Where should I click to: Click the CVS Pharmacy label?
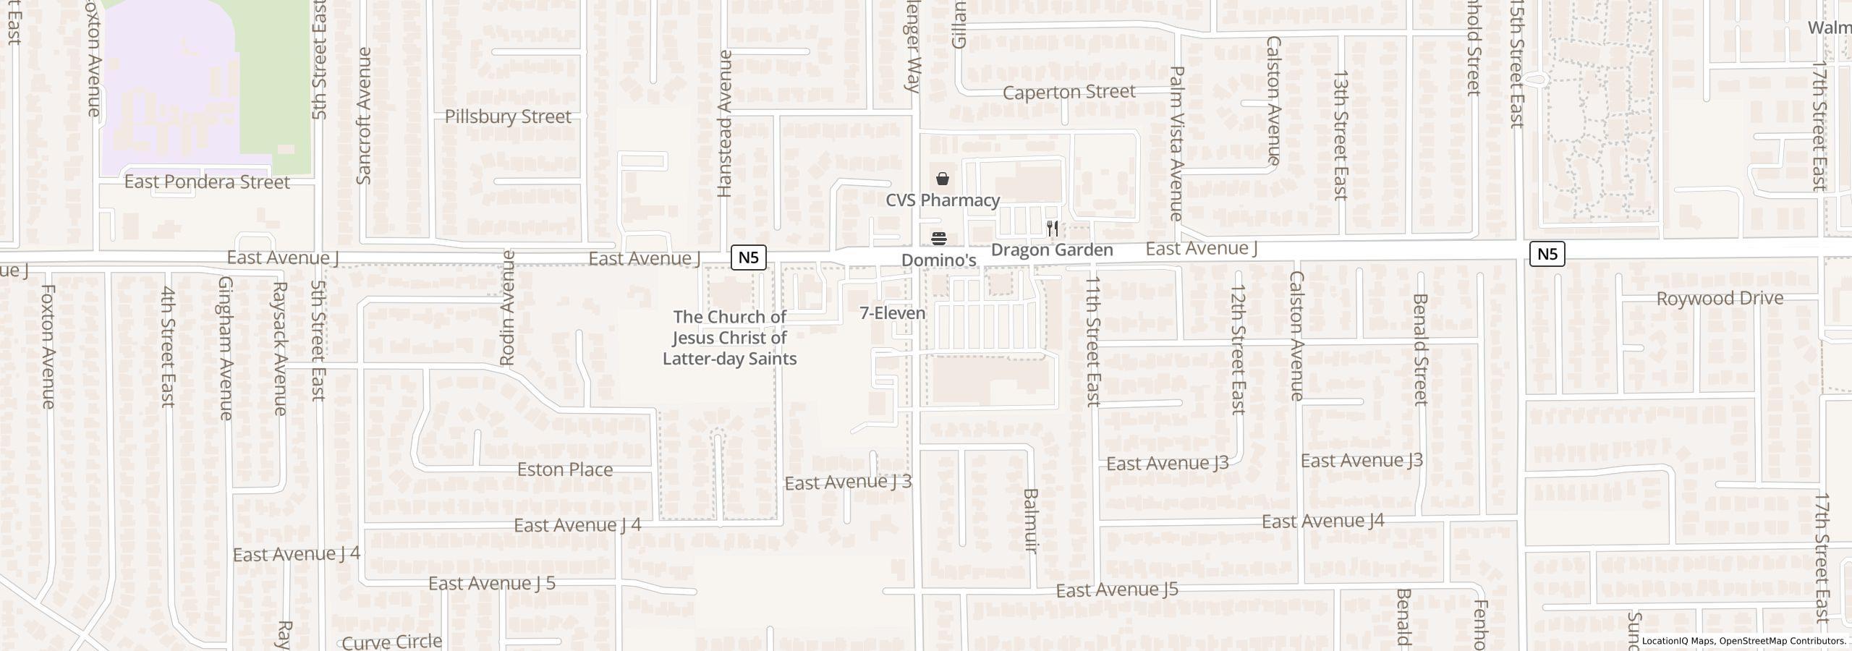(x=943, y=200)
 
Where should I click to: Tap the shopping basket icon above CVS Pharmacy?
(x=943, y=179)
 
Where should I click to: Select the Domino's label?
(x=938, y=260)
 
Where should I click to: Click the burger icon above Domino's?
(x=939, y=239)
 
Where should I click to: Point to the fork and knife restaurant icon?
(x=1053, y=229)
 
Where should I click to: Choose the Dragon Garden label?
(x=1051, y=250)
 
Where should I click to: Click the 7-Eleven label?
(x=893, y=313)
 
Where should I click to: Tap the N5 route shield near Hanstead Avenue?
(x=748, y=257)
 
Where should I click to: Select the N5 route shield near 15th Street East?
(x=1547, y=254)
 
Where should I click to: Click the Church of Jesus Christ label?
(x=729, y=338)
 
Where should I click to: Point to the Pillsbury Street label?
(x=507, y=116)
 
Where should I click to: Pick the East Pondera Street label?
(x=207, y=182)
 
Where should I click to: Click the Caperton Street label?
(x=1069, y=92)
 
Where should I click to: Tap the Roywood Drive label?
(x=1719, y=298)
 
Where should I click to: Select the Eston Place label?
(x=565, y=469)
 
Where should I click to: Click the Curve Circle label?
(x=391, y=642)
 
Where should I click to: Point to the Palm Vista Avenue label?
(x=1176, y=143)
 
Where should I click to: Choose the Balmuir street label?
(x=1030, y=521)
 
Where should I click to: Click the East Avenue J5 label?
(x=1117, y=590)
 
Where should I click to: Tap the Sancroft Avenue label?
(x=364, y=116)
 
